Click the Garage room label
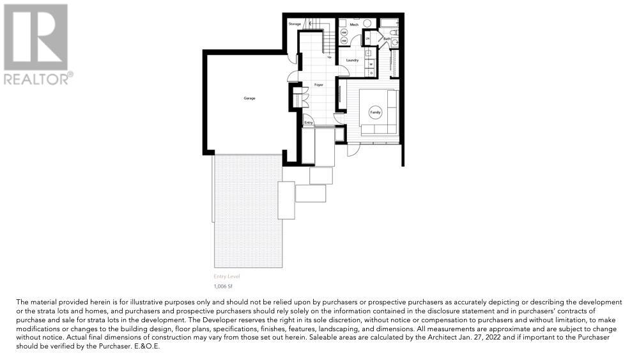click(x=249, y=98)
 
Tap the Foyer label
click(x=318, y=84)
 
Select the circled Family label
click(x=375, y=113)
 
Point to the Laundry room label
click(x=351, y=60)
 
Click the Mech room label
click(x=353, y=24)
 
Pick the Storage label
click(x=294, y=24)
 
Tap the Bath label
click(x=387, y=39)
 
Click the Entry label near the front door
click(x=309, y=122)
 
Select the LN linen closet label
click(x=368, y=39)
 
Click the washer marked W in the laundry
click(x=371, y=64)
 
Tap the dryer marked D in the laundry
click(x=371, y=72)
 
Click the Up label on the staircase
click(x=329, y=57)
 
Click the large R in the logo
click(x=35, y=36)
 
